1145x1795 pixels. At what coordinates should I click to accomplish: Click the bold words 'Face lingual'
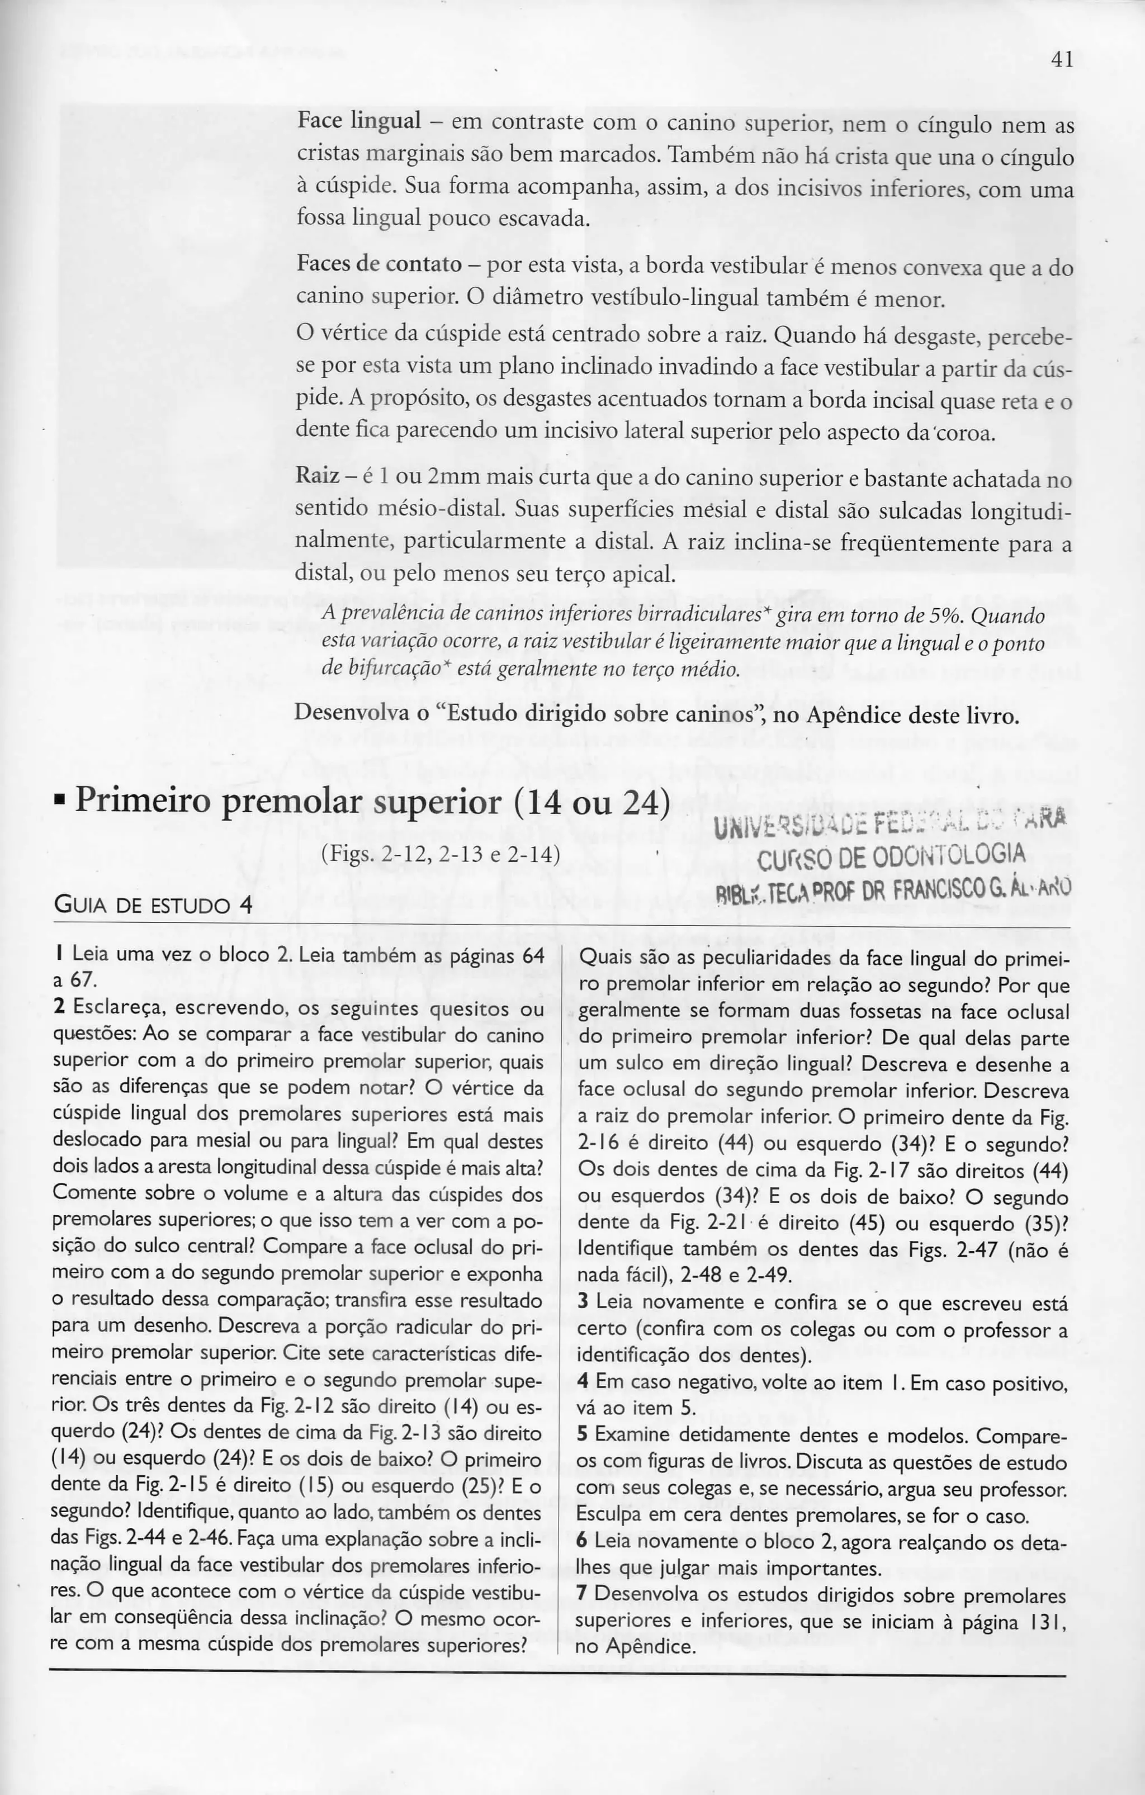pyautogui.click(x=359, y=120)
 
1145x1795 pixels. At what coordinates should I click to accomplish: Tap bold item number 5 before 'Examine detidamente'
pyautogui.click(x=584, y=1435)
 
